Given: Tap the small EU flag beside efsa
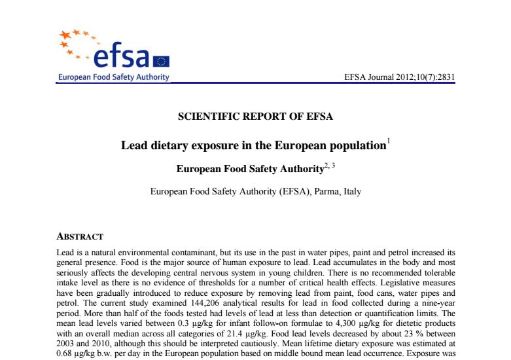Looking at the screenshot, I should click(x=161, y=61).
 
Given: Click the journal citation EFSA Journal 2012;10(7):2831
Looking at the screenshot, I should click(x=399, y=77).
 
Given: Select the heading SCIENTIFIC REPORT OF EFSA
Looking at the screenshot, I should click(x=255, y=117).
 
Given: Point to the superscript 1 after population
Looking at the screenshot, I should click(x=389, y=141).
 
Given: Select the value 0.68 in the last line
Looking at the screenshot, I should click(x=67, y=351).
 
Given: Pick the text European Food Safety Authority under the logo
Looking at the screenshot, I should click(x=113, y=77).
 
